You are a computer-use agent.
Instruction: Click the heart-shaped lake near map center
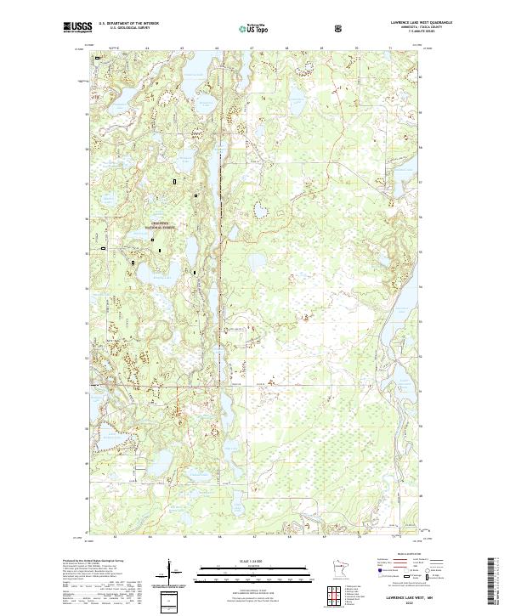coord(265,209)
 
